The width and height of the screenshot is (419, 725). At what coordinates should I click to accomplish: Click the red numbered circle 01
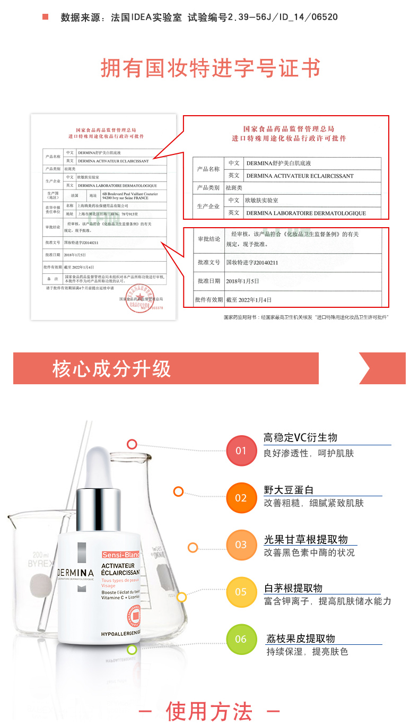click(x=241, y=451)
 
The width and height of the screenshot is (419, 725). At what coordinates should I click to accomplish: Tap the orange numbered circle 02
click(x=241, y=498)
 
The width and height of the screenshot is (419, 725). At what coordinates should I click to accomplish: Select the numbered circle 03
click(x=241, y=545)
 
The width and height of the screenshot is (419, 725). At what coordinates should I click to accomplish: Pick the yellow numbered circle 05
click(x=241, y=592)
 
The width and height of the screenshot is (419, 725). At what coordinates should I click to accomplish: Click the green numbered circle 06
click(x=241, y=639)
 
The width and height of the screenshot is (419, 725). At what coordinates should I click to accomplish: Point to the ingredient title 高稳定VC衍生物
click(x=300, y=438)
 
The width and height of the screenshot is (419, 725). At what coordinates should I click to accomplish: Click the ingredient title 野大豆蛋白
click(x=289, y=490)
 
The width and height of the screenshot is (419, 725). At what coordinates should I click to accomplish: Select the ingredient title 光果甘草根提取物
click(x=306, y=539)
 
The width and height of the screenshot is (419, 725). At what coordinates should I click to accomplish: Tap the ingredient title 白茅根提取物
click(x=293, y=588)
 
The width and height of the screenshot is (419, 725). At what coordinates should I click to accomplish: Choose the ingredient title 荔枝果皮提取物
click(x=301, y=638)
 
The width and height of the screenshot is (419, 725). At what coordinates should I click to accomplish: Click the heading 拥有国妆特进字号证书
click(x=210, y=68)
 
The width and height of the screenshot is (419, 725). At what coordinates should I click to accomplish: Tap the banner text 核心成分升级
click(x=112, y=368)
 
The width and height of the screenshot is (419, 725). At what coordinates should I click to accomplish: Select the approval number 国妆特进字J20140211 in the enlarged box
click(x=252, y=263)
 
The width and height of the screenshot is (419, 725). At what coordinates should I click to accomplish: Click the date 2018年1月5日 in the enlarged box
click(x=242, y=281)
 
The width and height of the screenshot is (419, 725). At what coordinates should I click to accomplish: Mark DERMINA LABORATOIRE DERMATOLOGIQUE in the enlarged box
click(x=306, y=213)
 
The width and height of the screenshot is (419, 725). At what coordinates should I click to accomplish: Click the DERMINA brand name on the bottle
click(x=75, y=573)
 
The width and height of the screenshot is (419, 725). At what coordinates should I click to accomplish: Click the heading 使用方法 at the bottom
click(x=209, y=711)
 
